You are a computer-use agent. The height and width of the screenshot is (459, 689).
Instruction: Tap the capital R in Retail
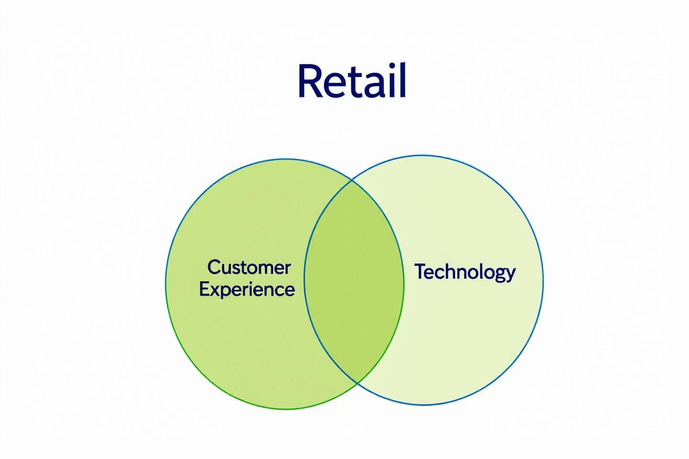(x=310, y=81)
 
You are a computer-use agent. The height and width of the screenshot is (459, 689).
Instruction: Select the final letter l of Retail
(x=402, y=80)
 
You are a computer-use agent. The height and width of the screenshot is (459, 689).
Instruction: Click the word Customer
(x=249, y=268)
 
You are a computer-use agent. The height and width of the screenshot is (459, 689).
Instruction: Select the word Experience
(x=247, y=290)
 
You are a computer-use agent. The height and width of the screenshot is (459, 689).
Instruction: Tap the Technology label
(x=465, y=272)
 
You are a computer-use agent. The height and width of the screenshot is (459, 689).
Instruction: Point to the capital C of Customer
(x=213, y=267)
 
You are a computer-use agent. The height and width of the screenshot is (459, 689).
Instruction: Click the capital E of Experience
(x=204, y=289)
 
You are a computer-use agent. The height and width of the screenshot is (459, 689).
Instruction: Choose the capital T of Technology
(x=421, y=271)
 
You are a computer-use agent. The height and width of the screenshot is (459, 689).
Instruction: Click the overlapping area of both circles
(x=354, y=282)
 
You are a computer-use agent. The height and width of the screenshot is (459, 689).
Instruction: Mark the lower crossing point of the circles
(x=356, y=383)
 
